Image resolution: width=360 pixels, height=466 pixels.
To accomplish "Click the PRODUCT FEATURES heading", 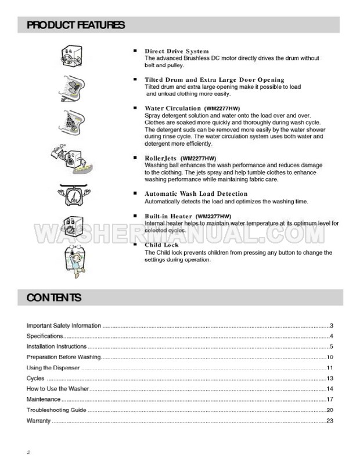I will click(x=75, y=25).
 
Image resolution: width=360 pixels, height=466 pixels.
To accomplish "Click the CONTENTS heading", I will click(x=54, y=298).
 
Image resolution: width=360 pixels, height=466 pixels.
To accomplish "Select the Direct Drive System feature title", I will click(x=177, y=51).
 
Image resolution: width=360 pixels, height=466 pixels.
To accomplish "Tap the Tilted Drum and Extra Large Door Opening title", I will click(x=214, y=80).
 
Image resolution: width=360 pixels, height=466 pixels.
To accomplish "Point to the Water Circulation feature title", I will click(x=172, y=108).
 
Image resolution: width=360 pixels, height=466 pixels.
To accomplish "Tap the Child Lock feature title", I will click(x=161, y=245).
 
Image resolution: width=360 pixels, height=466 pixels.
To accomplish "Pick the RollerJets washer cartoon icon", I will click(x=70, y=156).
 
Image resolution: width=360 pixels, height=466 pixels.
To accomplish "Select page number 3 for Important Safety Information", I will click(x=330, y=325).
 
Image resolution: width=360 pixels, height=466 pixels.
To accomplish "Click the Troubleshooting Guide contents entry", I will click(x=56, y=410).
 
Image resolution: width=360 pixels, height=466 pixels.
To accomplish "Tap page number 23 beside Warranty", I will click(x=329, y=421).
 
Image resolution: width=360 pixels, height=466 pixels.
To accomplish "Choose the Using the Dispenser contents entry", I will click(x=53, y=368).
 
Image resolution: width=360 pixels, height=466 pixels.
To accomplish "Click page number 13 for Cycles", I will click(x=329, y=378).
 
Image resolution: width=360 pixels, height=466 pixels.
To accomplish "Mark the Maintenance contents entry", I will click(x=44, y=400).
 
